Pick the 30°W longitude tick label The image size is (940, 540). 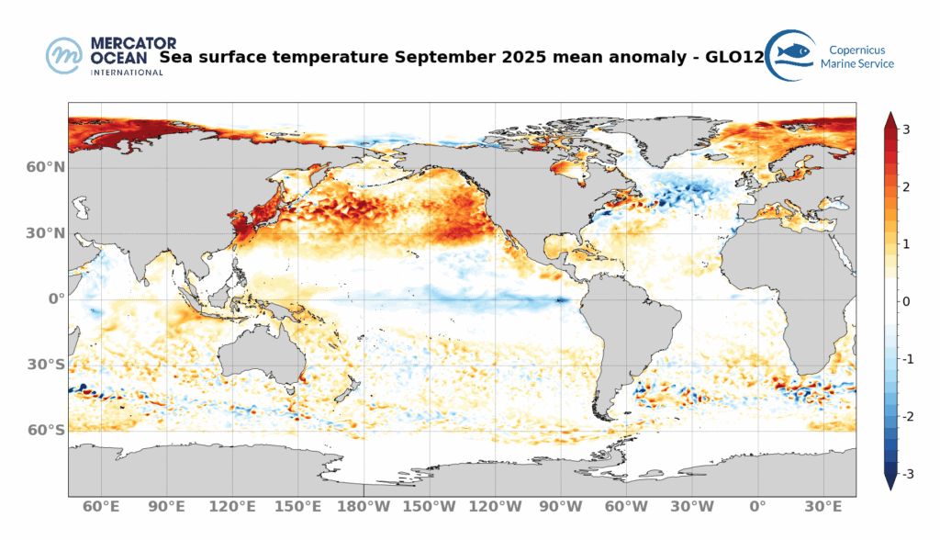click(x=691, y=506)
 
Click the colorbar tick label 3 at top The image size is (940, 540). click(x=906, y=129)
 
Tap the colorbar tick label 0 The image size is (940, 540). click(x=906, y=301)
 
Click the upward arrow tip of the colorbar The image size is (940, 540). click(x=890, y=117)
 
